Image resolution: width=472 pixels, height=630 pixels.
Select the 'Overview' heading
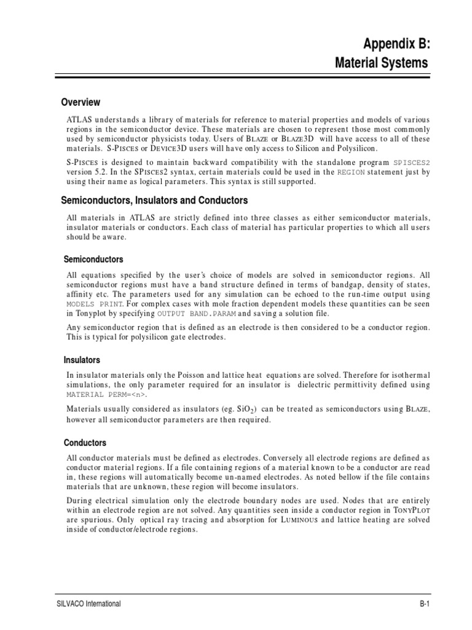tap(81, 102)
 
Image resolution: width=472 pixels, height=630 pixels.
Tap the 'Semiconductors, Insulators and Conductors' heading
tap(154, 201)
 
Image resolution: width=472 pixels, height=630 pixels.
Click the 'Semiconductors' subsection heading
tap(94, 260)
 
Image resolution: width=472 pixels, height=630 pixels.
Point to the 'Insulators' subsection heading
tap(82, 360)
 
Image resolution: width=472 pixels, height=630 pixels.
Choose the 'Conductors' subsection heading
tap(85, 443)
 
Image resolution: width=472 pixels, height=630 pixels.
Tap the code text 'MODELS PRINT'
tap(95, 304)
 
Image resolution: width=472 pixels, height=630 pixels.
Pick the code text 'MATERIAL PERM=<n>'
tap(106, 394)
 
